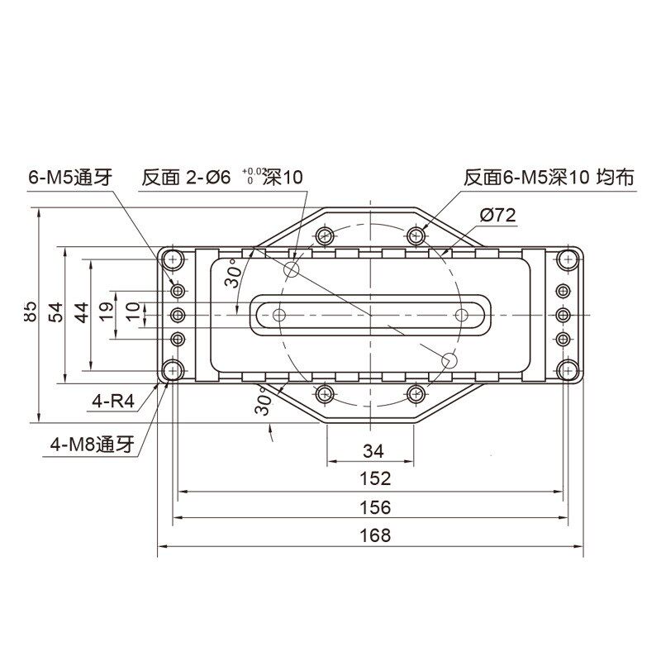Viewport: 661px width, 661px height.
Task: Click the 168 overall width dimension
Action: coord(374,535)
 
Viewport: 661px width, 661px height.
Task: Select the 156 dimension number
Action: coord(374,507)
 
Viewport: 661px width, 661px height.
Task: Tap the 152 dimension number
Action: coord(374,478)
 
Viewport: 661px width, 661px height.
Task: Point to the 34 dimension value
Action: coord(373,450)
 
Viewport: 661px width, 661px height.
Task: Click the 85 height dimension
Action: coord(31,311)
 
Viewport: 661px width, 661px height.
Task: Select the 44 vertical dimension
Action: coord(81,311)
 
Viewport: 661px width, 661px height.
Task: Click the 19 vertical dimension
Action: coord(107,311)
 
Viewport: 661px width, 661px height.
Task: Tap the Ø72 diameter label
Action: coord(497,216)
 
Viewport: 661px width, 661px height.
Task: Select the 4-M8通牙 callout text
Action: coord(91,444)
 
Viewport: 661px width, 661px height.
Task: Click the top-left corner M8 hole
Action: coord(173,259)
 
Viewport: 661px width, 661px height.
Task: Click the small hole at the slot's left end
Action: coord(279,315)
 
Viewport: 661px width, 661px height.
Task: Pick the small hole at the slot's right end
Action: coord(460,315)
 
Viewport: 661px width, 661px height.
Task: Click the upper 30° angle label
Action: coord(232,272)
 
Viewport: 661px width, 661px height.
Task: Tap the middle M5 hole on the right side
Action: coord(563,315)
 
